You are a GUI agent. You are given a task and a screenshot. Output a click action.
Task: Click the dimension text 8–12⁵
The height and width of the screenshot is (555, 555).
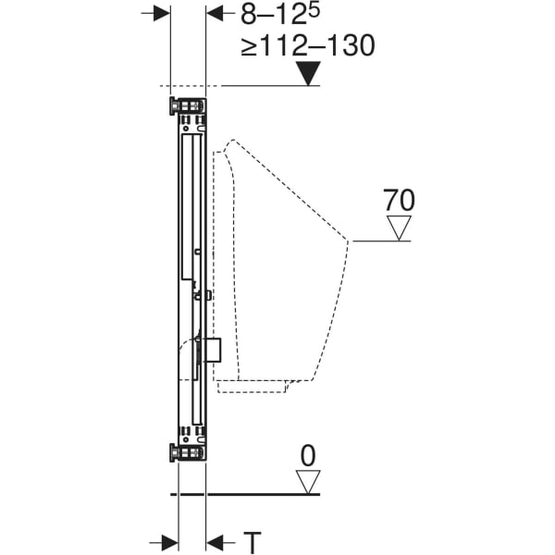coord(277,15)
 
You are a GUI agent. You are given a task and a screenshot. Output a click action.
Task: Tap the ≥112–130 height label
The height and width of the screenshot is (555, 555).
coord(308,46)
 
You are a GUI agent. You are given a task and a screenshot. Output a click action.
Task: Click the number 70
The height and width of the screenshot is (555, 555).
coord(399,200)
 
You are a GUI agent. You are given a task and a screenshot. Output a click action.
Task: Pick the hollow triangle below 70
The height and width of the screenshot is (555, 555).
coord(399,228)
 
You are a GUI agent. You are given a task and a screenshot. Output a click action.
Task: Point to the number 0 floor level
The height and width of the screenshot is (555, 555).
coord(307,454)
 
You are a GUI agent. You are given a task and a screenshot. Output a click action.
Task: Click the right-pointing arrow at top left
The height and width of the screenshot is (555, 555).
coord(160,14)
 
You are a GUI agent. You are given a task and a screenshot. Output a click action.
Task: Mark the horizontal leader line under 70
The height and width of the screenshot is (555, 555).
coord(379,240)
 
